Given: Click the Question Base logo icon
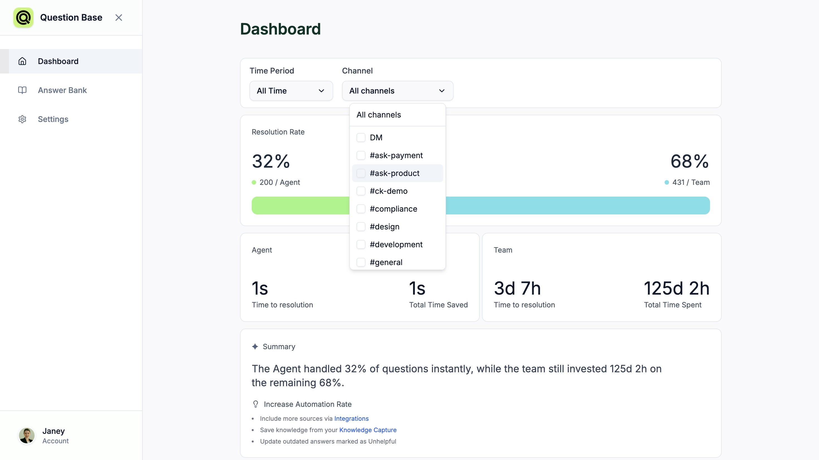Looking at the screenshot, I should point(23,18).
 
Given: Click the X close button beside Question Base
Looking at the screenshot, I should point(118,18).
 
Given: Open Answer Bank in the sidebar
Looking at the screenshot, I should point(62,90).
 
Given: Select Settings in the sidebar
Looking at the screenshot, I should point(53,119).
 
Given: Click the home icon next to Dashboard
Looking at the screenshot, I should point(22,61).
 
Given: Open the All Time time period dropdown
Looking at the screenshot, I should point(291,91).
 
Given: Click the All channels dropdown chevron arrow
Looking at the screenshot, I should point(442,91).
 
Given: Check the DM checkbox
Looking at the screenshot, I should point(361,138).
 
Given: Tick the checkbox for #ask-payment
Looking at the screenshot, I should point(361,155).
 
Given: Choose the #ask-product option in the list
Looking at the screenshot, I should point(394,173).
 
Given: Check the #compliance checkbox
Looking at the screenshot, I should point(361,209).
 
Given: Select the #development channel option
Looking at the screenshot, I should point(396,244).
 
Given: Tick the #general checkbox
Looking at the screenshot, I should point(361,262).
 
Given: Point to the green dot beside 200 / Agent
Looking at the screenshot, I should point(254,182).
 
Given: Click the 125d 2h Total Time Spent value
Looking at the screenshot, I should point(676,288).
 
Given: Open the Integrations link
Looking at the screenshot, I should point(351,419).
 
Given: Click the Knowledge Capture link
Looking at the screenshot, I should point(368,430).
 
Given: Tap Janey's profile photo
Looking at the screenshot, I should point(27,435).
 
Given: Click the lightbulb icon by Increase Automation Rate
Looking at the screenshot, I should point(255,404).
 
